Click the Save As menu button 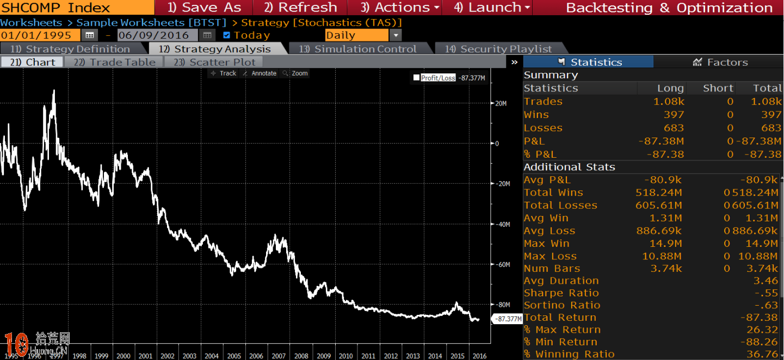point(204,8)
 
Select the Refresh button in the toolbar point(300,8)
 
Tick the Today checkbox point(227,35)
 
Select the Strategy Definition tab point(70,49)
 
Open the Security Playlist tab point(498,49)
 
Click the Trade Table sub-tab point(114,62)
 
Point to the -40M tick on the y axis point(502,224)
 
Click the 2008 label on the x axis point(301,356)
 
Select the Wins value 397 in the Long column point(673,115)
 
